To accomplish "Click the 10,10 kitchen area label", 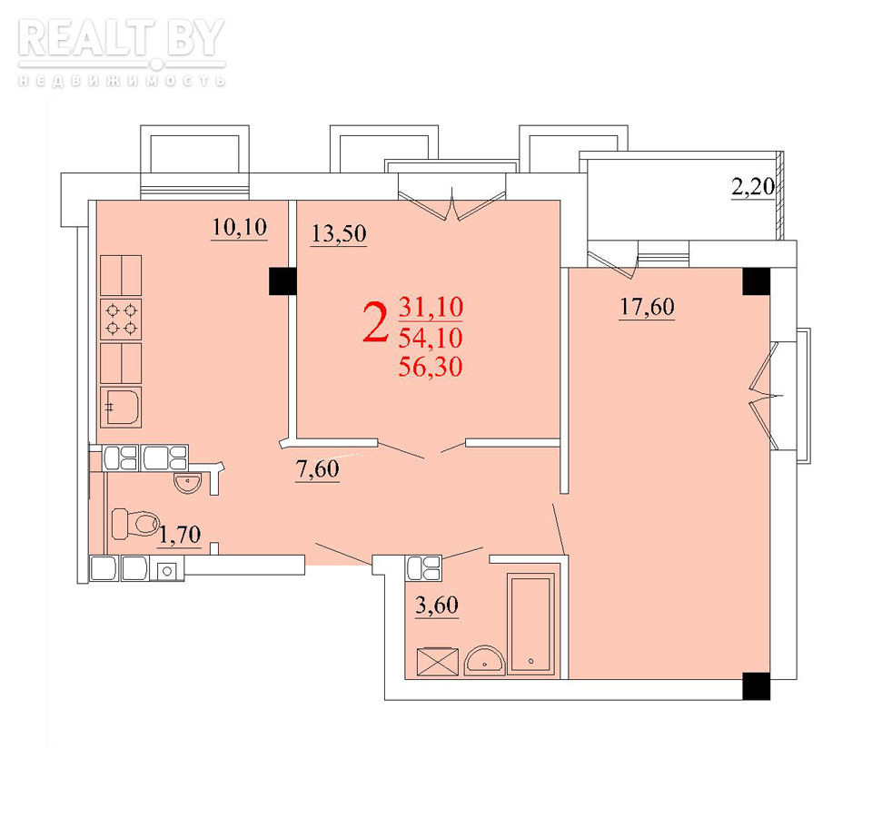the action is [240, 227].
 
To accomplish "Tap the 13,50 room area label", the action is [339, 233].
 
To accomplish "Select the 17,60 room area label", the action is [648, 306].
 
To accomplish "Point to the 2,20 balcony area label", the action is [753, 187].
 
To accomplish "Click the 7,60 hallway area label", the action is [318, 469].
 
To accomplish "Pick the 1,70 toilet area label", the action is [180, 535].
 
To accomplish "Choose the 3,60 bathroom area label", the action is [437, 605].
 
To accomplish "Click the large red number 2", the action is [375, 322].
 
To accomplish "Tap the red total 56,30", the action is [431, 367].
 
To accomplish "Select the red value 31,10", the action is [431, 307].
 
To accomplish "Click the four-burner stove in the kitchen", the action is [121, 319].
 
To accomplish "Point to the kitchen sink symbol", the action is [121, 407].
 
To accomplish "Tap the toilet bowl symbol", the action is [135, 524].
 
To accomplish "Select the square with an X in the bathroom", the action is [438, 662].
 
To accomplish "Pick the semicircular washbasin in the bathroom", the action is [485, 660].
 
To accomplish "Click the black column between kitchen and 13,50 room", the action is [283, 281].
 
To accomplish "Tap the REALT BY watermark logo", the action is [122, 52].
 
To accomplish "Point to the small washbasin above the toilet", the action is [188, 483].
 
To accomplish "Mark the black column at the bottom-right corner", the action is [757, 686].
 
